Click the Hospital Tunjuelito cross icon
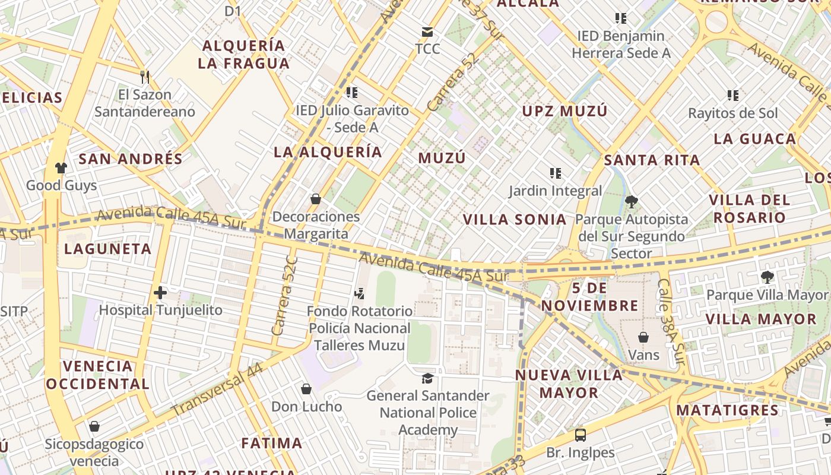(x=160, y=292)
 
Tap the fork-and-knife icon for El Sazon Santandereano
(x=144, y=77)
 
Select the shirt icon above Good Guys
(x=61, y=168)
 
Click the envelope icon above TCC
(x=427, y=31)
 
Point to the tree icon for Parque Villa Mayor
(x=767, y=277)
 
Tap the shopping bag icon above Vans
(x=643, y=337)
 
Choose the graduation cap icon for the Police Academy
(x=427, y=378)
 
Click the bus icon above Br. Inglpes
(x=581, y=435)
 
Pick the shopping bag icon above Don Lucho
(x=306, y=389)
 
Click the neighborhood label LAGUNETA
(x=108, y=249)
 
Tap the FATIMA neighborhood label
(x=272, y=443)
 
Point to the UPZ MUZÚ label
(x=564, y=111)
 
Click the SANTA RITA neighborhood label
(x=652, y=160)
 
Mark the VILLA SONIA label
(x=515, y=219)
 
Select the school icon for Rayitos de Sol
(x=733, y=95)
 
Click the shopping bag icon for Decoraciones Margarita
(x=316, y=199)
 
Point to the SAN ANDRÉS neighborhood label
(x=131, y=159)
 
